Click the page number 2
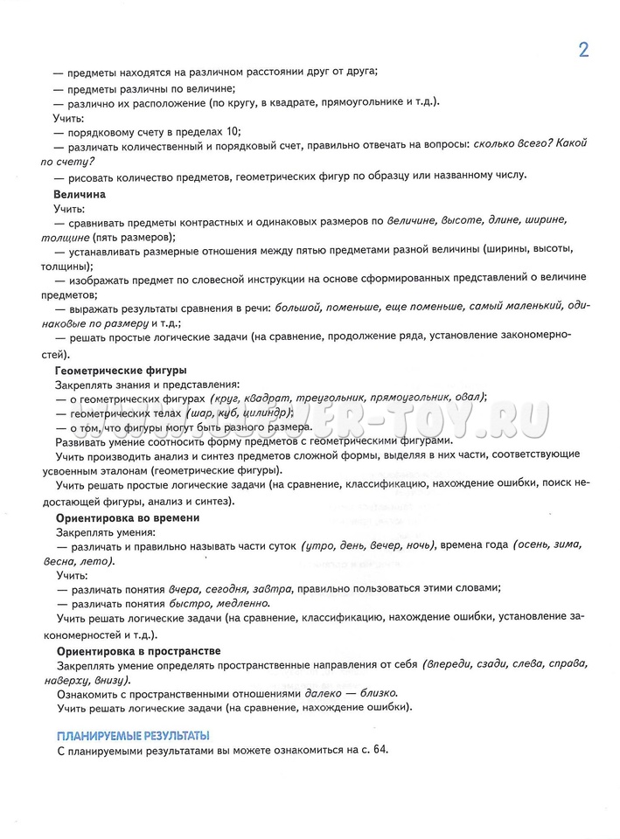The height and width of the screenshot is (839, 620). (583, 49)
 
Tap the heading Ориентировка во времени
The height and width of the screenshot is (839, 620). (128, 517)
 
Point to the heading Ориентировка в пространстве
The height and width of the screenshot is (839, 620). (138, 651)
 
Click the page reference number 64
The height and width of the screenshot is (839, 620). (375, 750)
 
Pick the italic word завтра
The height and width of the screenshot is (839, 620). (274, 588)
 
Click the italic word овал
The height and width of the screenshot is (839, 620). (469, 398)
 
